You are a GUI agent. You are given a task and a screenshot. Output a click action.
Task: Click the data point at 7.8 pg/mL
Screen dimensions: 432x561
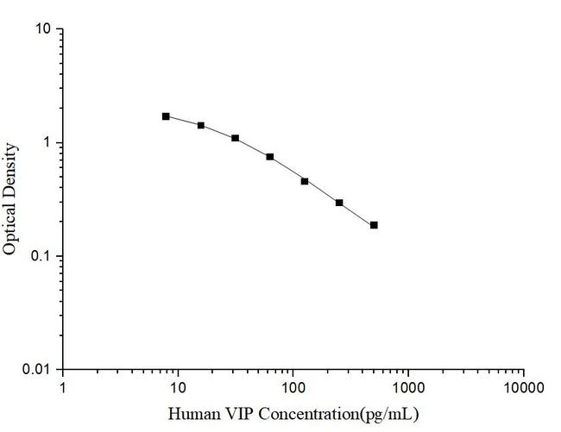coord(166,116)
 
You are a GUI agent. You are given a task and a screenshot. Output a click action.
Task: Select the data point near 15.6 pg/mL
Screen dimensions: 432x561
coord(201,125)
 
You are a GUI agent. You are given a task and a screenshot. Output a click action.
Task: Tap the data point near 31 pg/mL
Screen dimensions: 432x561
coord(235,138)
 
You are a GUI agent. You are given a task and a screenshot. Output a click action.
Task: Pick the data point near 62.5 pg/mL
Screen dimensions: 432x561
coord(270,157)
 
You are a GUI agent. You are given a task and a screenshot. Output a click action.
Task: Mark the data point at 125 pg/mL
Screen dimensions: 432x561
coord(305,181)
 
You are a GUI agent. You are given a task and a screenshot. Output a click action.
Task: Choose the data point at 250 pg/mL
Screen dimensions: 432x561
coord(339,203)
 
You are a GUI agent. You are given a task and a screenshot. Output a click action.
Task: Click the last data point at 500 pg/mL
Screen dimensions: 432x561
coord(374,225)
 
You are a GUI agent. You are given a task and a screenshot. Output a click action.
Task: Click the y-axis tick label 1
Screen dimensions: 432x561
coord(48,143)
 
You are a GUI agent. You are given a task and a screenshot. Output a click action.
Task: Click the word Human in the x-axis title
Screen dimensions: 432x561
coord(190,414)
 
